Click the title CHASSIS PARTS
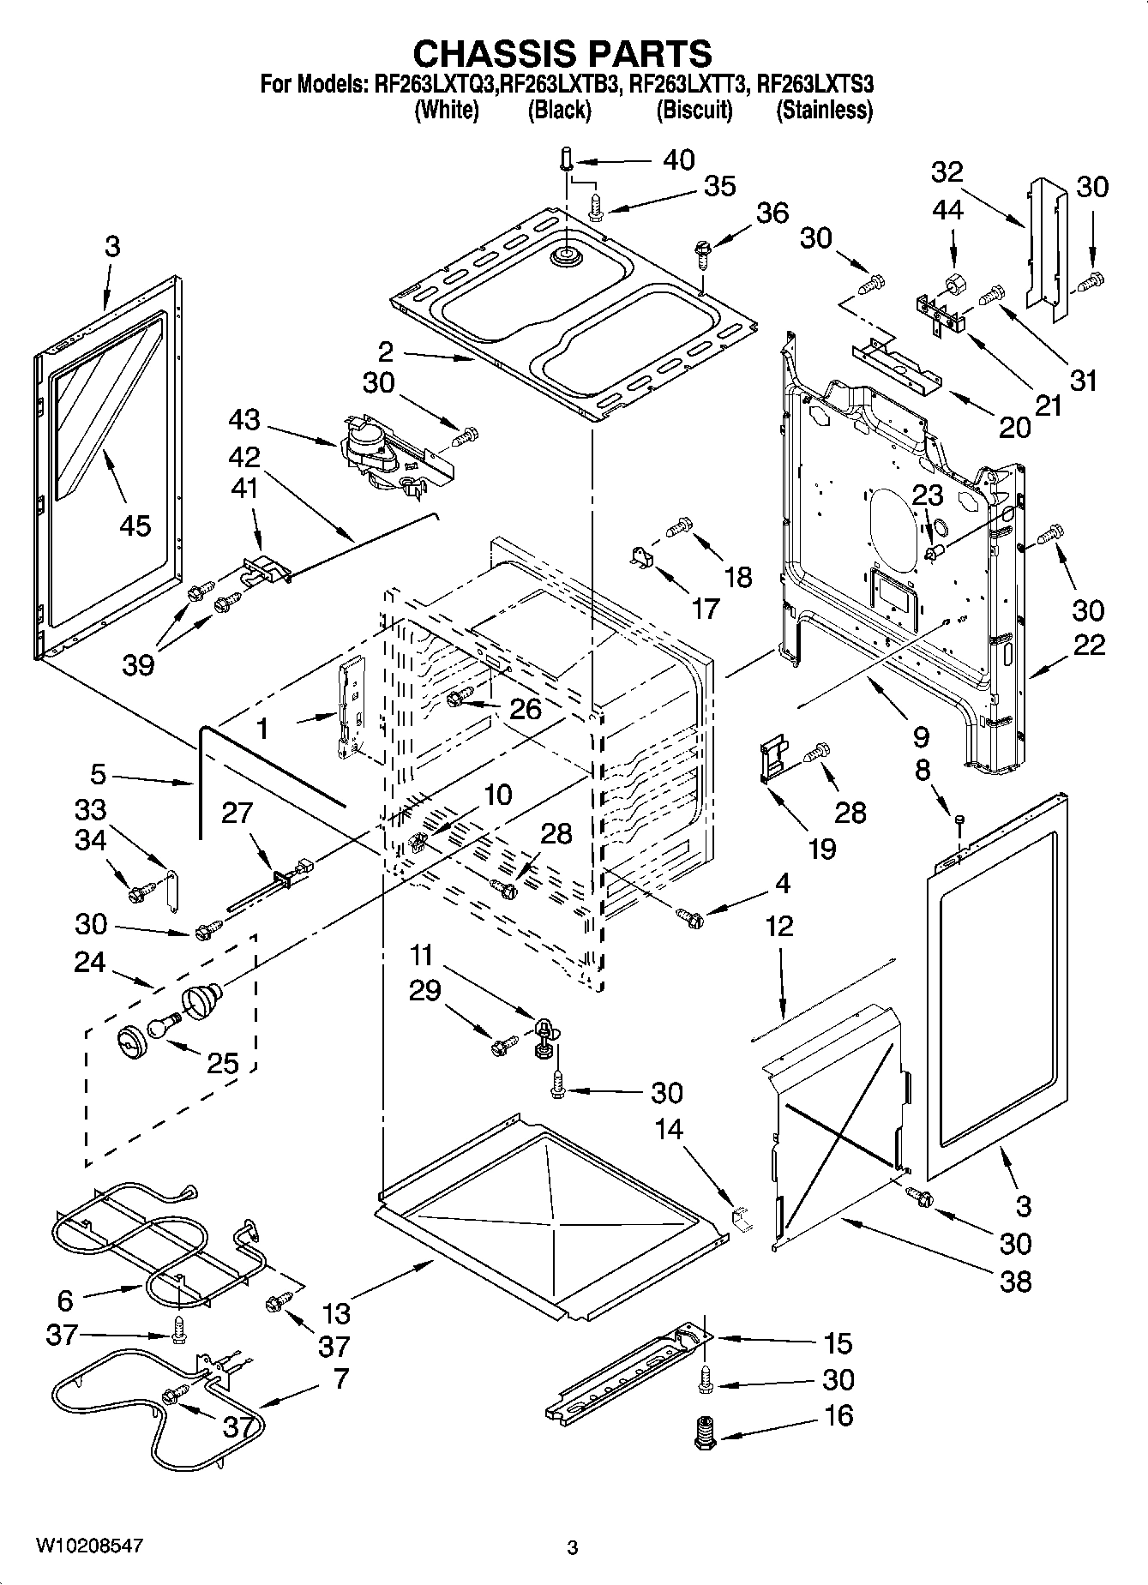click(x=562, y=53)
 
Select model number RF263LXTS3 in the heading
click(x=815, y=84)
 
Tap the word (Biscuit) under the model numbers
click(x=694, y=110)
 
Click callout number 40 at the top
click(x=679, y=160)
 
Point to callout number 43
click(x=244, y=419)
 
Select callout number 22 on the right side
click(x=1088, y=644)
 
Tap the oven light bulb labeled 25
click(x=164, y=1025)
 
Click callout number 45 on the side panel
click(x=135, y=525)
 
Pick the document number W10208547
click(x=89, y=1546)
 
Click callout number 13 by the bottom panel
click(x=337, y=1313)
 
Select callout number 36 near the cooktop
click(x=772, y=213)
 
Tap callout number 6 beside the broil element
click(x=65, y=1300)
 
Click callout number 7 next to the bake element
click(x=340, y=1378)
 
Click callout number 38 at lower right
click(x=1015, y=1282)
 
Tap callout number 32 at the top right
click(x=947, y=172)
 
